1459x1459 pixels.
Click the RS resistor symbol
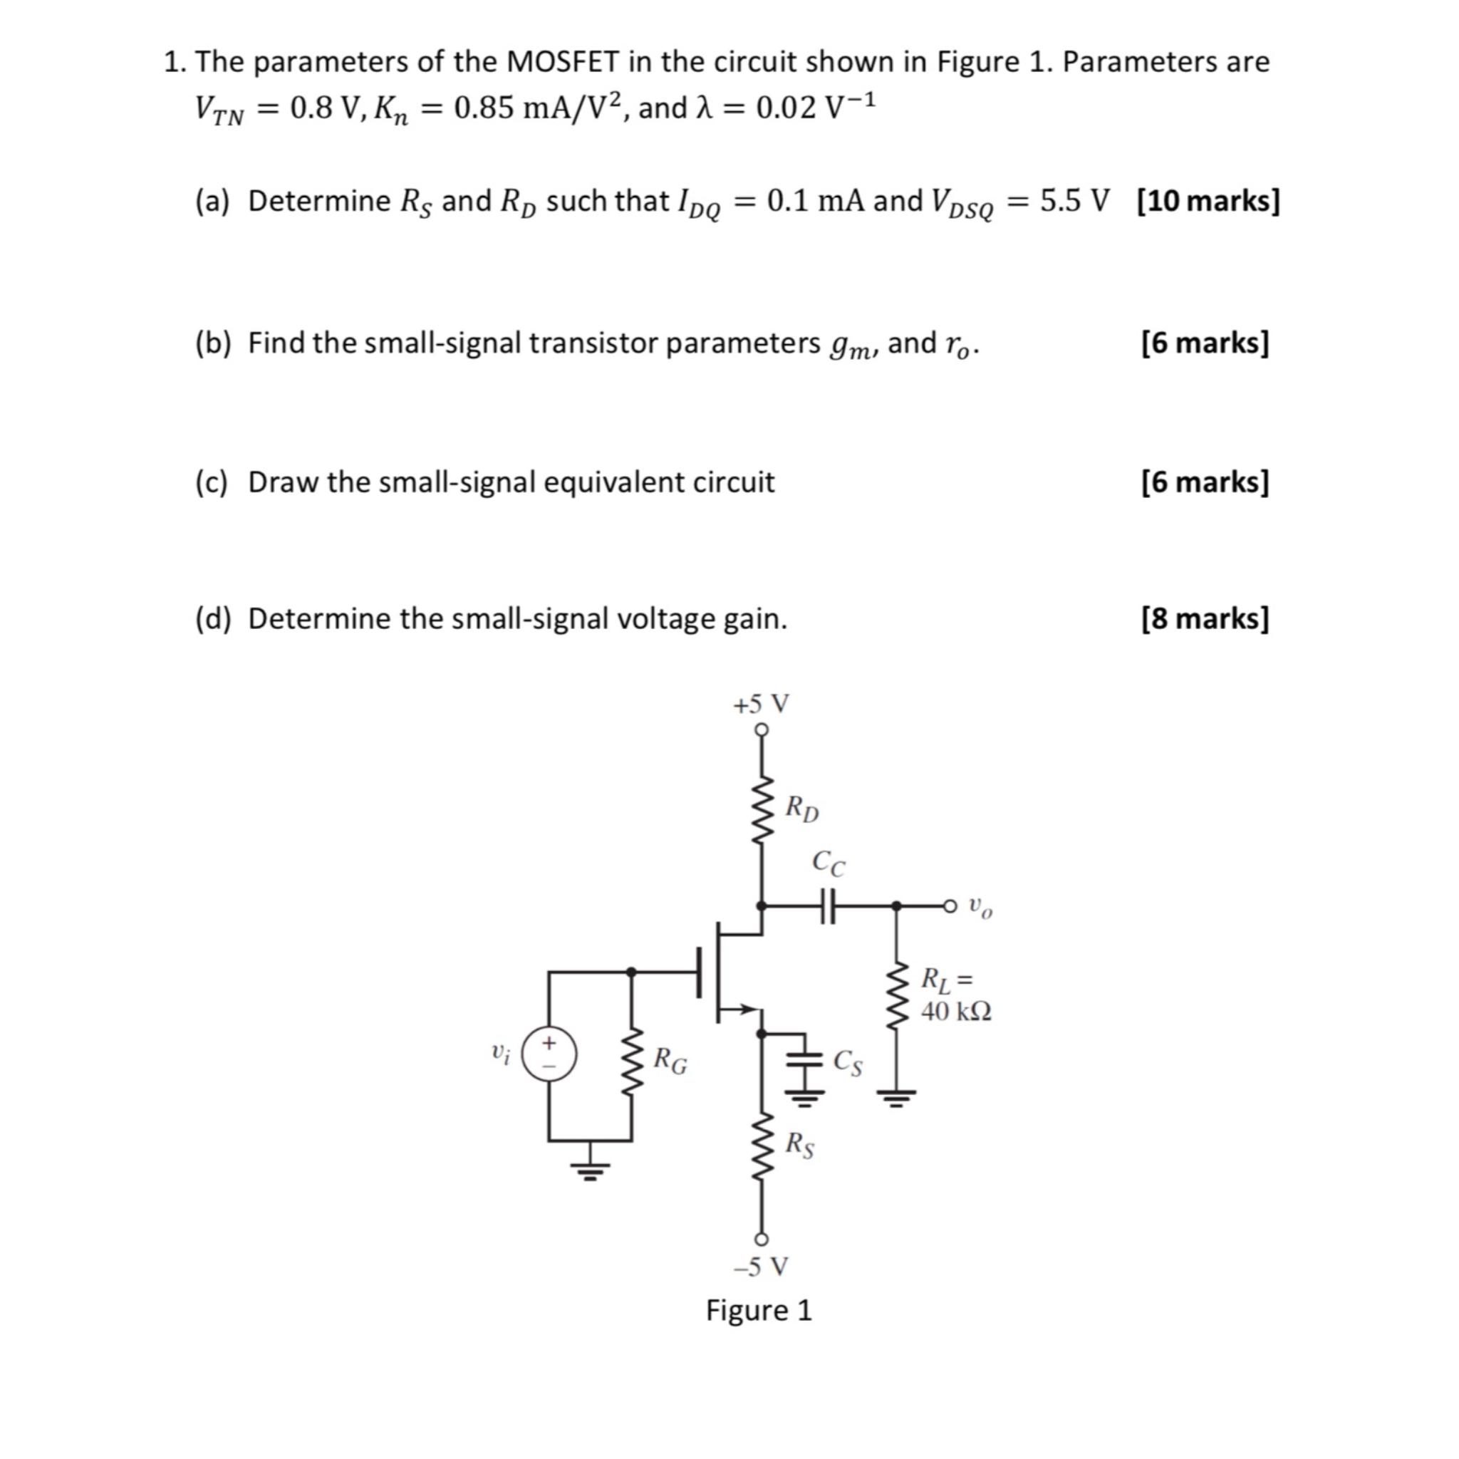coord(762,1145)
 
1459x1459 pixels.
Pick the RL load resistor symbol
coord(895,995)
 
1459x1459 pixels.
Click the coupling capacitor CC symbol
coord(829,905)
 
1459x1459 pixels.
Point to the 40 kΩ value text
coord(956,1012)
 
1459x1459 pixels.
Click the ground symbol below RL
coord(895,1096)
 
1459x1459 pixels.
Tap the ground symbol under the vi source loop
coord(591,1172)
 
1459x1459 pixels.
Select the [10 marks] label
coord(1208,201)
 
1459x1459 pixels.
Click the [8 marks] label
coord(1205,618)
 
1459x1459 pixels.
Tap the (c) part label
coord(211,482)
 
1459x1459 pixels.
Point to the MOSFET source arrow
coord(746,1008)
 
